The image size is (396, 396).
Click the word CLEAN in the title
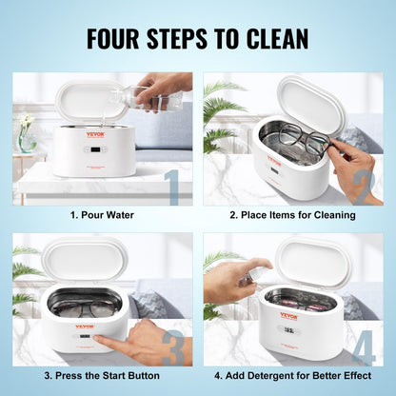tap(276, 38)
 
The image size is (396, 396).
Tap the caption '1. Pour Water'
tap(102, 215)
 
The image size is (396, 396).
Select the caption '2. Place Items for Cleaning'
tap(294, 215)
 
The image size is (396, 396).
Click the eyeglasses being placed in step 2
tap(302, 136)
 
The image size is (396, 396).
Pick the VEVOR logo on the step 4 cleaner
tap(287, 315)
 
